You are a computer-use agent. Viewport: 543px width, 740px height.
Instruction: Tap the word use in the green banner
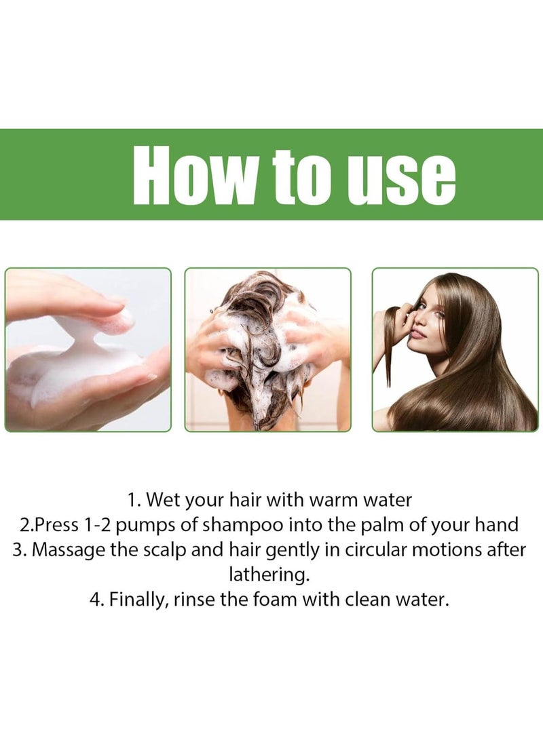(406, 175)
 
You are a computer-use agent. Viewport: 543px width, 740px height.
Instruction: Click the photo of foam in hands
(88, 350)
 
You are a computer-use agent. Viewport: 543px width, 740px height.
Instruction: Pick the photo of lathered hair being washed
(268, 350)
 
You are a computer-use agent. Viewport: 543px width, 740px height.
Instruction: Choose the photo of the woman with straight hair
(455, 350)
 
